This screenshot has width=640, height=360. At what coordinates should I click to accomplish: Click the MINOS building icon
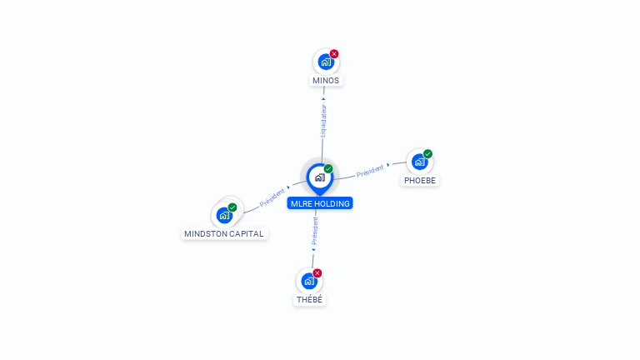tap(326, 62)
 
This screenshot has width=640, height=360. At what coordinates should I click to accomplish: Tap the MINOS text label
tap(326, 81)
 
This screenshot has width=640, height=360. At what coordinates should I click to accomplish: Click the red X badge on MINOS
tap(334, 54)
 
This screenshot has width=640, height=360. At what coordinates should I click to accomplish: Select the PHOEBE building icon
tap(420, 162)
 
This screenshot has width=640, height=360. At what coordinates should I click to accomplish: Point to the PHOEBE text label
tap(420, 180)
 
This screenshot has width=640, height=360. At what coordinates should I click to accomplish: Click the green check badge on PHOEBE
tap(427, 154)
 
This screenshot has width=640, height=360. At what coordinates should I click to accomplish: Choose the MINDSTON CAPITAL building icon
tap(224, 215)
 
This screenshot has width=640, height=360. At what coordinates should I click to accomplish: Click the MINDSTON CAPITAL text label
tap(223, 234)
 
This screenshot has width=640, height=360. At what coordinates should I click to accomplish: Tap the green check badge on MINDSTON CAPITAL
tap(232, 207)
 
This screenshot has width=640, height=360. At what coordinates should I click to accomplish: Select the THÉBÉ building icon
tap(309, 281)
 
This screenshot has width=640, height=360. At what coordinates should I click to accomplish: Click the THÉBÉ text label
tap(309, 300)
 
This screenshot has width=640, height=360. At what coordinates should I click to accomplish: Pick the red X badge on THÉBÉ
tap(317, 273)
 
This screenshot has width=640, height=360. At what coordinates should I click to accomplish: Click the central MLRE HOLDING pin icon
tap(320, 178)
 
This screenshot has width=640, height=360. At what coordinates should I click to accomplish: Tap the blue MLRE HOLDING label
tap(320, 203)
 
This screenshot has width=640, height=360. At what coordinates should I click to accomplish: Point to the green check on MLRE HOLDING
tap(328, 168)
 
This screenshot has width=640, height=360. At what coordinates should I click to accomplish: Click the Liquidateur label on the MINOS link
tap(323, 120)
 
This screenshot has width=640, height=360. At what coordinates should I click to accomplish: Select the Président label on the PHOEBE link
tap(370, 171)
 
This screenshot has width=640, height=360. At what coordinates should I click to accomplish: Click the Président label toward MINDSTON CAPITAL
tap(272, 197)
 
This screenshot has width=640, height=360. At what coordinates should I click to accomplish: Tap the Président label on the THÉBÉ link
tap(315, 231)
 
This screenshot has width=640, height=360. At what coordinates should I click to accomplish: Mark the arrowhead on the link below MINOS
tap(323, 99)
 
